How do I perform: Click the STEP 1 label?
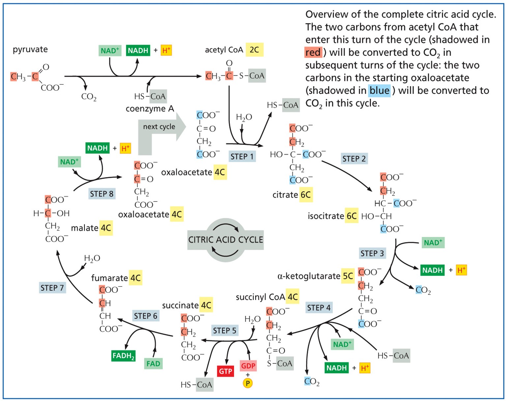pyautogui.click(x=242, y=157)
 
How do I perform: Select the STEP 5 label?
pyautogui.click(x=224, y=331)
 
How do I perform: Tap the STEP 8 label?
pyautogui.click(x=102, y=194)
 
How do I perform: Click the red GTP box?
pyautogui.click(x=225, y=371)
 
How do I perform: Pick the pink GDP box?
pyautogui.click(x=248, y=366)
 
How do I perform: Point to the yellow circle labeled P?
pyautogui.click(x=248, y=383)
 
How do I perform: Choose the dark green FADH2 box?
pyautogui.click(x=123, y=356)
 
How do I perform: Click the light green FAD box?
pyautogui.click(x=153, y=364)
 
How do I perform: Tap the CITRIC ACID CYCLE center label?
pyautogui.click(x=225, y=240)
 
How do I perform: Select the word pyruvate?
pyautogui.click(x=30, y=49)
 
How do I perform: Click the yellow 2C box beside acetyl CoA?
pyautogui.click(x=254, y=50)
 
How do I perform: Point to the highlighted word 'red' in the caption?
pyautogui.click(x=313, y=52)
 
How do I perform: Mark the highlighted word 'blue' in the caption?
pyautogui.click(x=379, y=91)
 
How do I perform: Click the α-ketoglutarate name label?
pyautogui.click(x=309, y=276)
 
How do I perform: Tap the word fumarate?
pyautogui.click(x=109, y=278)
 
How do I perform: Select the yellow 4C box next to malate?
pyautogui.click(x=106, y=228)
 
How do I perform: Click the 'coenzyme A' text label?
pyautogui.click(x=150, y=109)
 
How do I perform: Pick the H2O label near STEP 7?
pyautogui.click(x=92, y=258)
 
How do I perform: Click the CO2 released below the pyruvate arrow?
pyautogui.click(x=89, y=97)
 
